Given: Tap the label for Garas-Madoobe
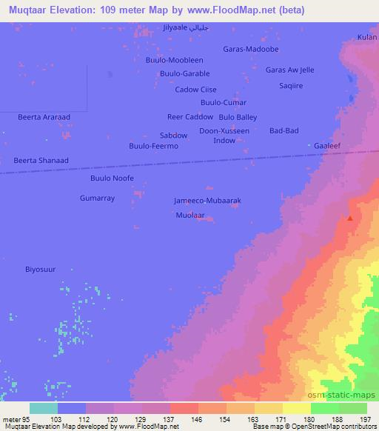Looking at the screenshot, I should [x=250, y=49].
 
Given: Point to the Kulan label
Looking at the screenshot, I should [x=366, y=36].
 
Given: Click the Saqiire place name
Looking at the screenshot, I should [x=290, y=85].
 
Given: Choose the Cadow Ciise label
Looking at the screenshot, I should [x=195, y=90].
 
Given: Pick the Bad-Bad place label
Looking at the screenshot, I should [x=284, y=131].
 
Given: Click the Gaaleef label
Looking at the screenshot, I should [x=326, y=147].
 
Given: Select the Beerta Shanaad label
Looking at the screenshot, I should [x=41, y=160].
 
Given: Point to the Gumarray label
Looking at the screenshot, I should [x=97, y=198].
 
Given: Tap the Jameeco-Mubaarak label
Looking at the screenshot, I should [x=207, y=201].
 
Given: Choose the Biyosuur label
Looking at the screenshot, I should [x=41, y=270].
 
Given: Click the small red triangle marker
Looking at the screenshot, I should [x=350, y=218].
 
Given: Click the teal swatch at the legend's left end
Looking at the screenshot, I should [x=44, y=408].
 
